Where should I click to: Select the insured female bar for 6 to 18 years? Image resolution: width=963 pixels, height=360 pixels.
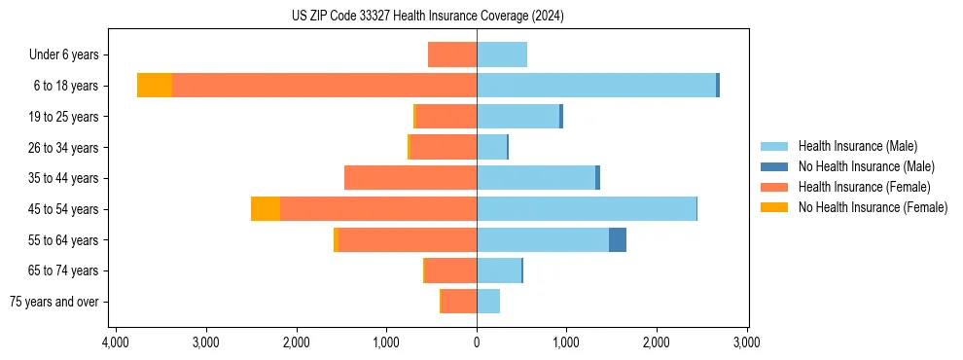click(324, 86)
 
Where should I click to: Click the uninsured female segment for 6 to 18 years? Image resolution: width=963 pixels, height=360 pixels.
click(155, 86)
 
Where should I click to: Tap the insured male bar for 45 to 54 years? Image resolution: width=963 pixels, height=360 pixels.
click(587, 208)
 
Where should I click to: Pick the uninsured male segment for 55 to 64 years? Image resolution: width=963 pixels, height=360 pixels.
click(618, 239)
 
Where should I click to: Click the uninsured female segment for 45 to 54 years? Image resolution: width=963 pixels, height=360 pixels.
click(266, 208)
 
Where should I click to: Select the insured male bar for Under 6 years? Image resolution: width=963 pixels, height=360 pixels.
click(502, 54)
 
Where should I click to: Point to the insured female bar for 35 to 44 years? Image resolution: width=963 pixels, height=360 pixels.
click(410, 178)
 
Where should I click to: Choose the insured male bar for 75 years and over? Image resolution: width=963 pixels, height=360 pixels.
click(488, 301)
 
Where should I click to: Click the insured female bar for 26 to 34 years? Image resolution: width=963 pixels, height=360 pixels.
click(444, 147)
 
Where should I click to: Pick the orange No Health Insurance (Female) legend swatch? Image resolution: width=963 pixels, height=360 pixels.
click(775, 207)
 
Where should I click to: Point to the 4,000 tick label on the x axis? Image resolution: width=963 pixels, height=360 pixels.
click(116, 342)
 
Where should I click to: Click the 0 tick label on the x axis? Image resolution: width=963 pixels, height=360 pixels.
click(477, 342)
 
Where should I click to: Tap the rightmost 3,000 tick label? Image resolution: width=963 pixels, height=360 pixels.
click(746, 342)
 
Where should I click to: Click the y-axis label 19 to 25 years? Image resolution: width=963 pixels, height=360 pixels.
click(63, 117)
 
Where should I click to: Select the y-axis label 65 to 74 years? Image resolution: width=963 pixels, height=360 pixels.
click(63, 270)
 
